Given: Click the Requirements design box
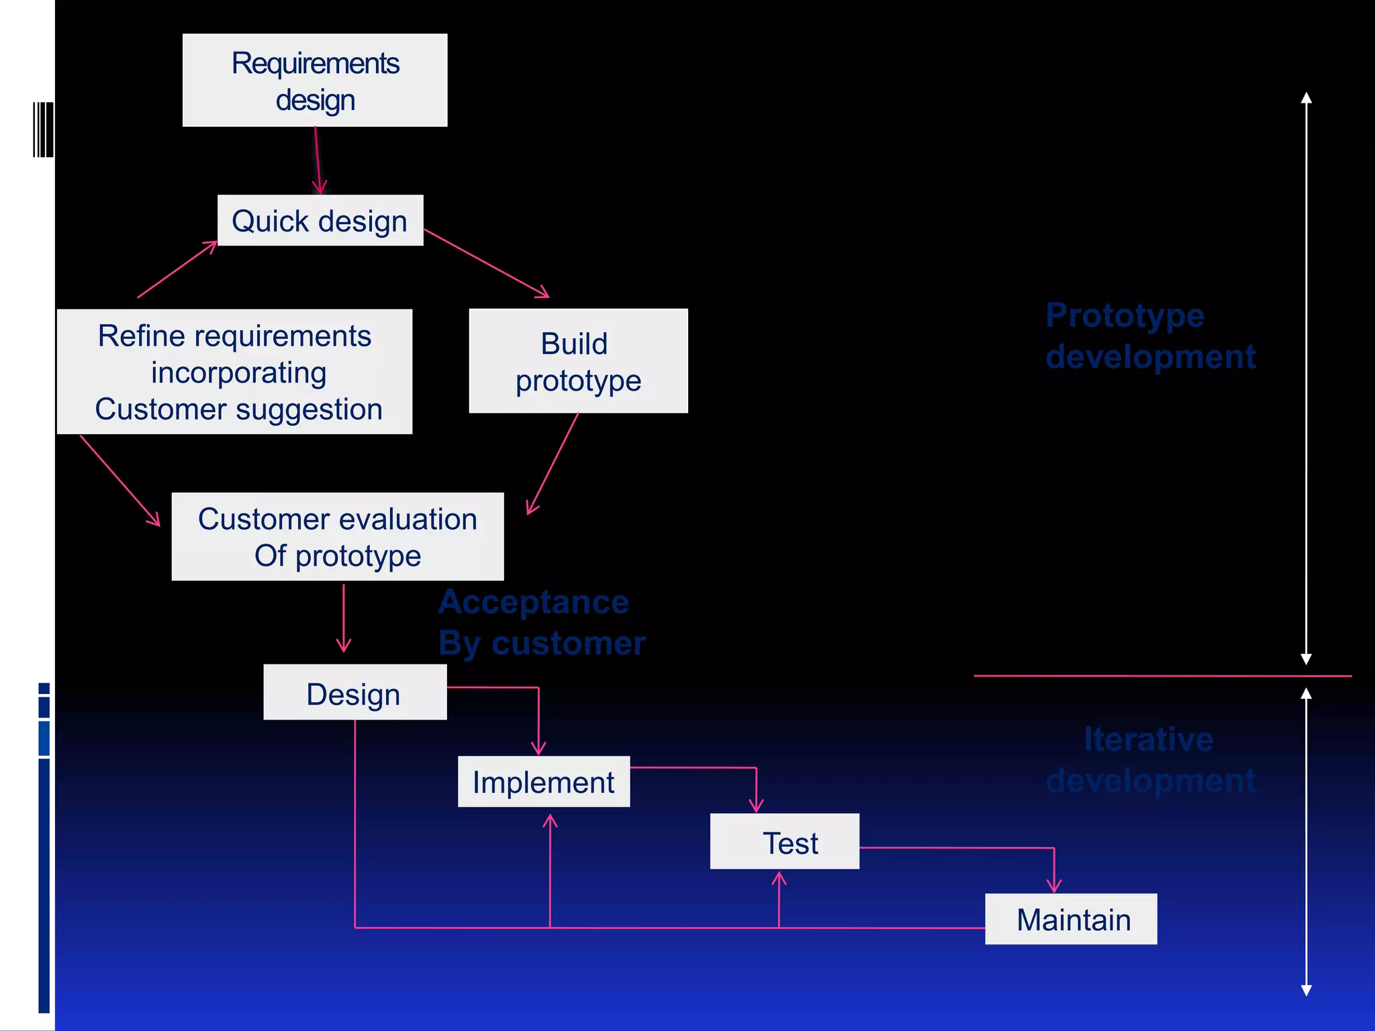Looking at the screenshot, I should tap(315, 81).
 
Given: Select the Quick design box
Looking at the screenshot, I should tap(320, 221).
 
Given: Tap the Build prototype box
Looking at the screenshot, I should tap(578, 361).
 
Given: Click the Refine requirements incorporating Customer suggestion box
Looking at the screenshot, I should tap(234, 372).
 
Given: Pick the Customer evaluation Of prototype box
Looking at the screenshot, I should tap(338, 537).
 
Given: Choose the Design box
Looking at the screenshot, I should tap(354, 693).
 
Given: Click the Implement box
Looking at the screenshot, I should tap(544, 782).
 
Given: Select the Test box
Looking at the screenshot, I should tap(784, 842).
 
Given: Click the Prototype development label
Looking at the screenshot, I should tap(1150, 336).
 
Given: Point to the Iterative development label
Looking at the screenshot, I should tap(1150, 760).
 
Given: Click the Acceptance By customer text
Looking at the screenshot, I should tap(541, 622).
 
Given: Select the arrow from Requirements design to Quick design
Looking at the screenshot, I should tap(318, 161).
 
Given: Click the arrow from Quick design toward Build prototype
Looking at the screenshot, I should tap(487, 263).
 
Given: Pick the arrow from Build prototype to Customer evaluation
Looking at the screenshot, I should tap(553, 463).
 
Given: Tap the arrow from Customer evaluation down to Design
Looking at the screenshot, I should tap(344, 618).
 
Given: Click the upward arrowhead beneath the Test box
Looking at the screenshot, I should tap(779, 880).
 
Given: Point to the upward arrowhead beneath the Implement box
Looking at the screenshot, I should tap(550, 822).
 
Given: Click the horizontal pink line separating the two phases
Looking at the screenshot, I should tap(1161, 676).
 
